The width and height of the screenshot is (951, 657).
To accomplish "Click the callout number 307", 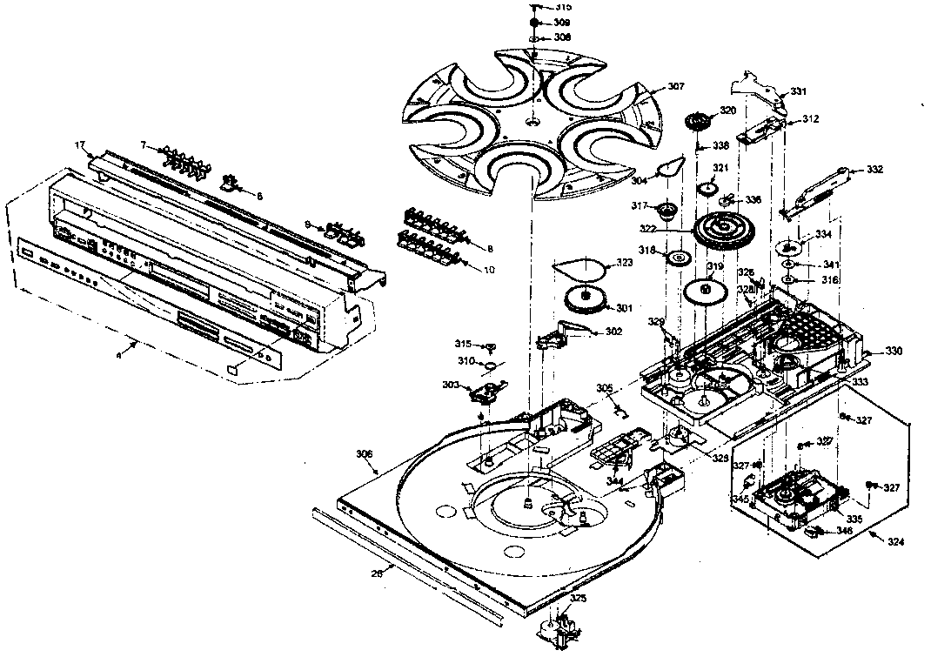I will coord(676,86).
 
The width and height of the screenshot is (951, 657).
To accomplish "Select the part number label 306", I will coord(365,453).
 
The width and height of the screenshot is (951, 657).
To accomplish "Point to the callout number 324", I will coord(895,541).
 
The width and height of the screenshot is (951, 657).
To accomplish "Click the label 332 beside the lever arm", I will coord(874,170).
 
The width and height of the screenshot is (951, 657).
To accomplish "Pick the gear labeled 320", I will coord(699,122).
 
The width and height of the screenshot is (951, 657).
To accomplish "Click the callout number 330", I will coord(894,351).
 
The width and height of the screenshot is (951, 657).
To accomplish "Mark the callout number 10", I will coord(489,270).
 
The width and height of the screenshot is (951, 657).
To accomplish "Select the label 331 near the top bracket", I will coord(798,91).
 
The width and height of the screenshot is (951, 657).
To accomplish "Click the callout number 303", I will coord(451,384).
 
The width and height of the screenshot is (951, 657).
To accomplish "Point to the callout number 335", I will coord(854,519).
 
